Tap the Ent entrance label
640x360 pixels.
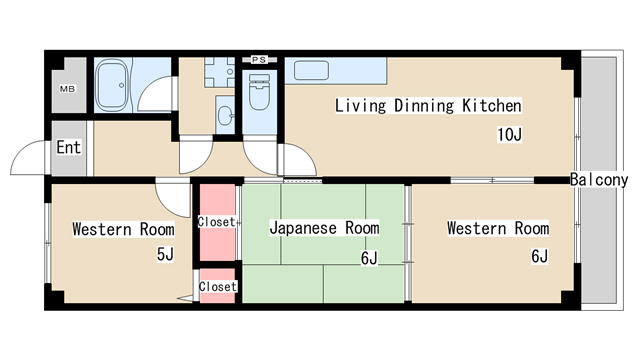click(x=68, y=148)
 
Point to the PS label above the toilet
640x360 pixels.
click(x=259, y=60)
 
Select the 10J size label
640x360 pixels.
click(x=510, y=135)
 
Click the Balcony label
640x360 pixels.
click(x=599, y=181)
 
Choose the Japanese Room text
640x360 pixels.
click(x=324, y=228)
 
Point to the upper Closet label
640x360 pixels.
click(x=217, y=222)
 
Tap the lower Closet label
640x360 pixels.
click(x=217, y=287)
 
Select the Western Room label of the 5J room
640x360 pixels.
click(x=123, y=229)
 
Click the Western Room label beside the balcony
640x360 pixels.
click(x=497, y=229)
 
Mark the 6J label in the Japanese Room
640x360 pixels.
click(x=369, y=258)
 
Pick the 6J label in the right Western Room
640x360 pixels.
click(x=539, y=257)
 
